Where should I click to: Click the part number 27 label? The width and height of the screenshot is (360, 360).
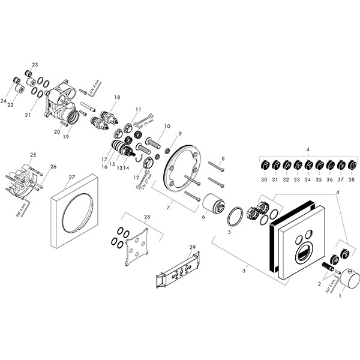[71, 178]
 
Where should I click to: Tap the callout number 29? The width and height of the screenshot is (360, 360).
[193, 247]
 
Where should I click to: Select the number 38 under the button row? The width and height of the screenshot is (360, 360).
[352, 179]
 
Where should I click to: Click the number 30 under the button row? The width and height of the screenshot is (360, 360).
[264, 179]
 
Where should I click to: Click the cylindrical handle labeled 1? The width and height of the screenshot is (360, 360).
[347, 280]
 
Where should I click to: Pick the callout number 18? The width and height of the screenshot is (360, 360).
[118, 97]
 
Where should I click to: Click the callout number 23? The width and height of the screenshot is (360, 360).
[35, 65]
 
